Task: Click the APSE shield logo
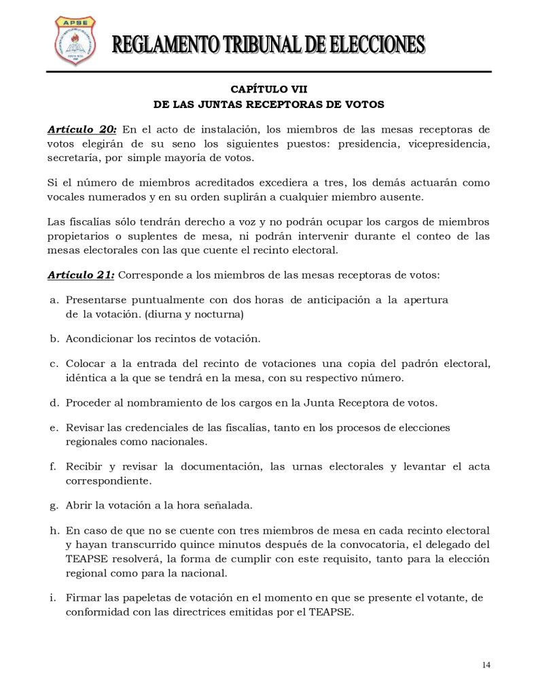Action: click(74, 41)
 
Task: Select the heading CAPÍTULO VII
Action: click(268, 89)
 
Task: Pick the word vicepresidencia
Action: click(449, 144)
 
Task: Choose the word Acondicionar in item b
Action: click(98, 338)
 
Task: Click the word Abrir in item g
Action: click(77, 506)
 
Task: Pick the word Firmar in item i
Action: click(84, 597)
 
